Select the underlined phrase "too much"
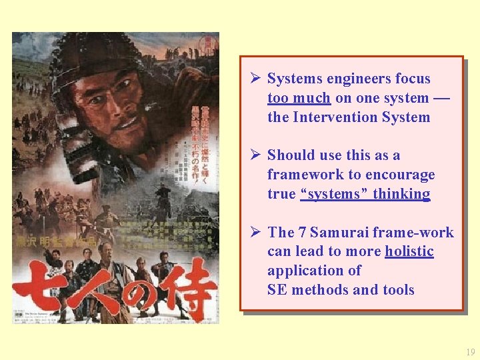coord(299,98)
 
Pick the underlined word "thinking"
coord(401,194)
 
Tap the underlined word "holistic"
coord(409,251)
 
